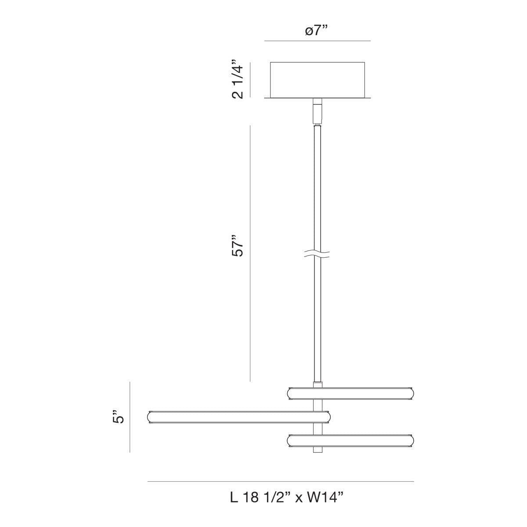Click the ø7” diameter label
[316, 31]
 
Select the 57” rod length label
[237, 245]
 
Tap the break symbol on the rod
[317, 254]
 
